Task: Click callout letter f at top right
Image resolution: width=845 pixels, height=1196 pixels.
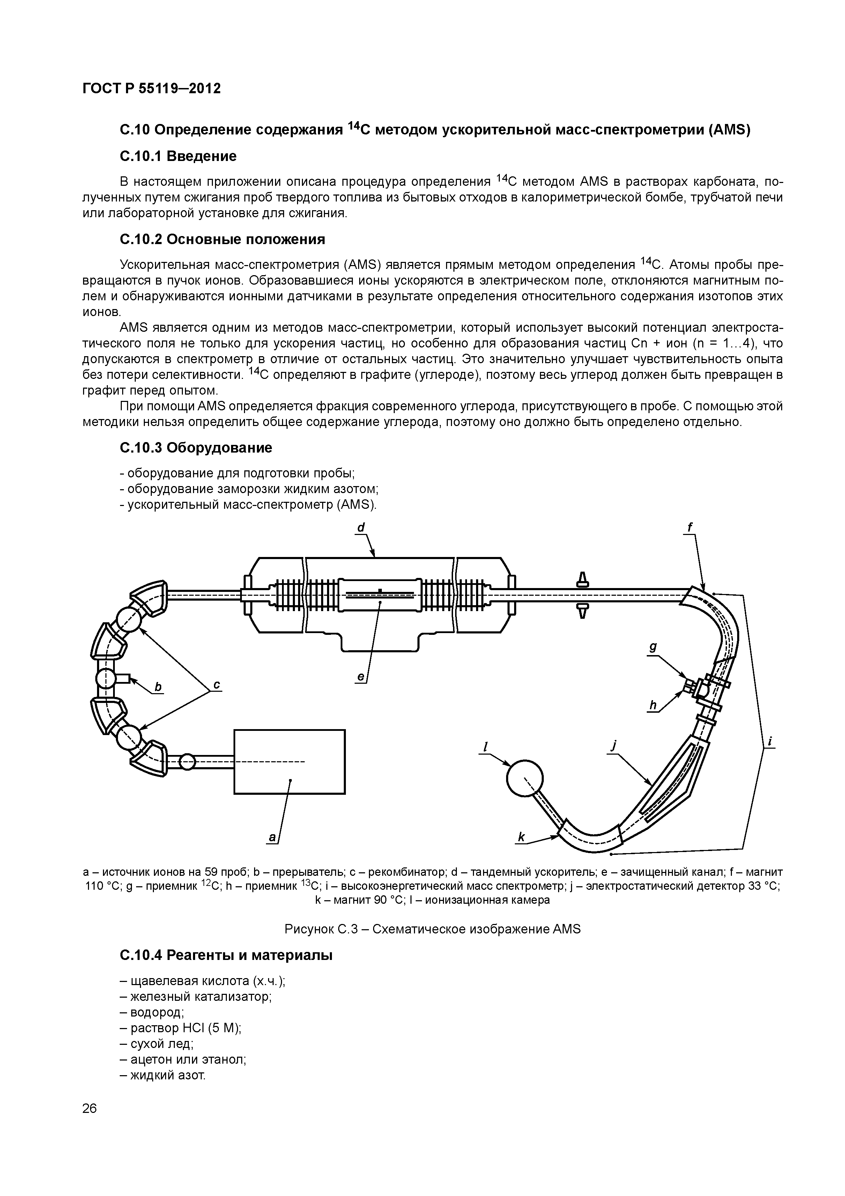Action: (690, 528)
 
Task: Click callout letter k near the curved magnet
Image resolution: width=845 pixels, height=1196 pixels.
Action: (521, 837)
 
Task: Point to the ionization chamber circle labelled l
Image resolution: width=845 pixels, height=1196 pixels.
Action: (525, 778)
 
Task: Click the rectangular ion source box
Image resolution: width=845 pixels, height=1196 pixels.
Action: (289, 762)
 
